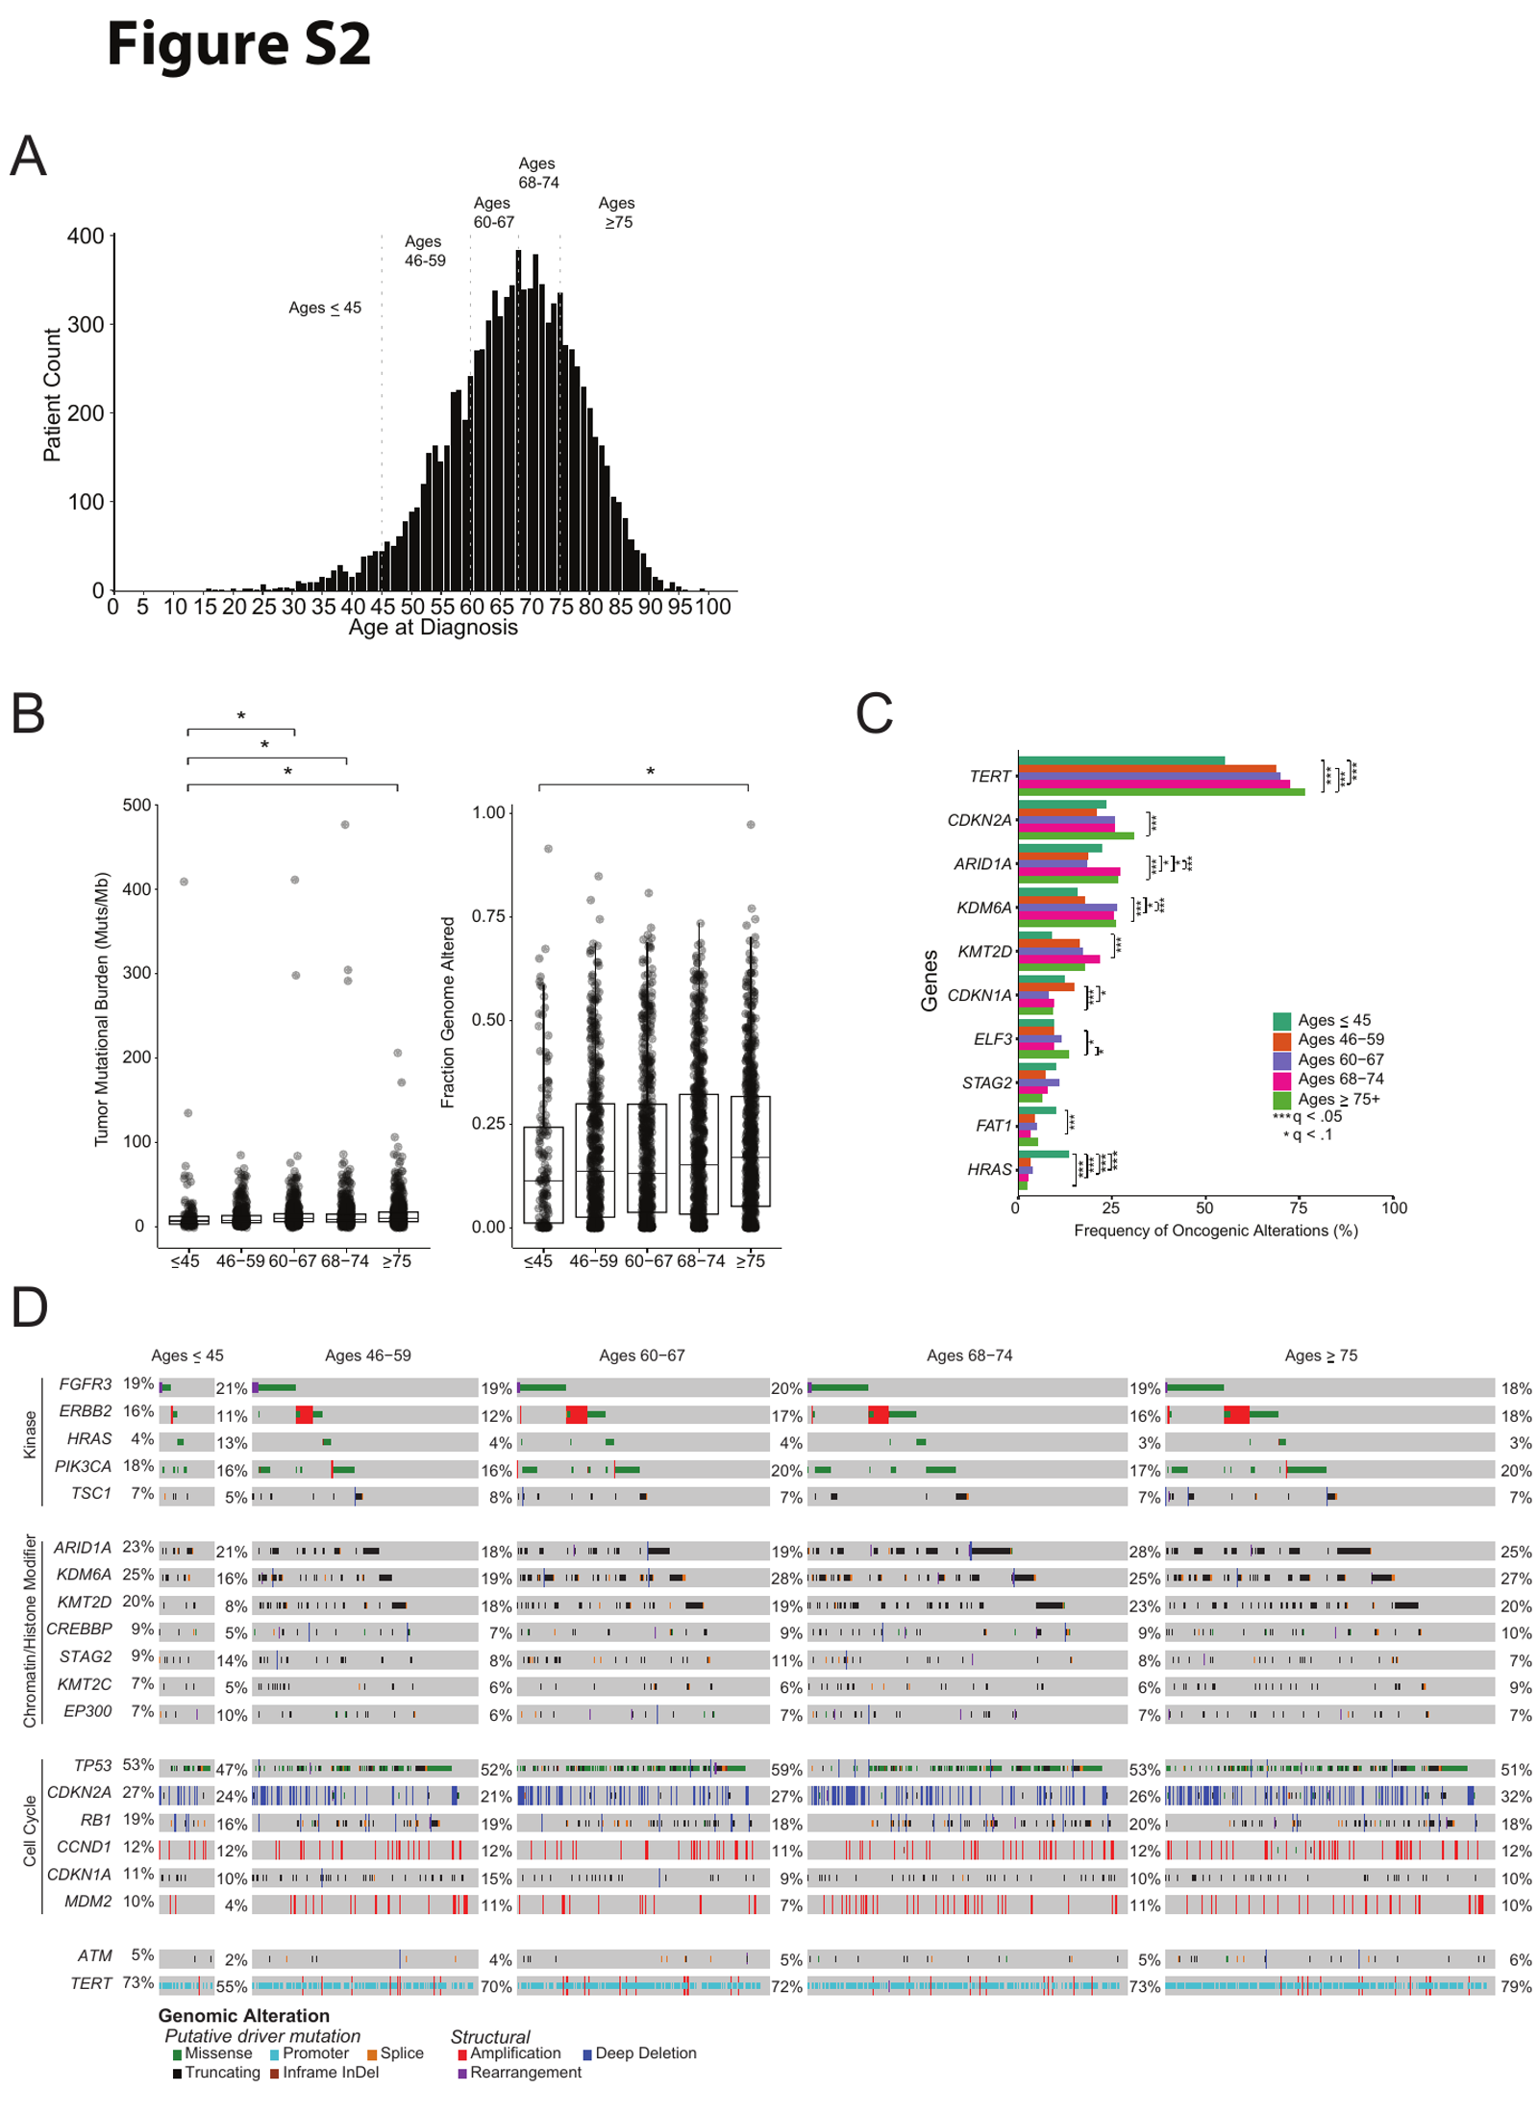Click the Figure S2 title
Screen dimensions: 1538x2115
[238, 45]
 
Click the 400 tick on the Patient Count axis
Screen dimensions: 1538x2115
[86, 236]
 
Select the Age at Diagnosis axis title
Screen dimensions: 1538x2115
[433, 628]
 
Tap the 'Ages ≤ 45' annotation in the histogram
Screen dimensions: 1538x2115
[325, 308]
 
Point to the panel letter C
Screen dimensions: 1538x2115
[874, 713]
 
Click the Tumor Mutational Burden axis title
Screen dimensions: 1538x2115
[102, 1008]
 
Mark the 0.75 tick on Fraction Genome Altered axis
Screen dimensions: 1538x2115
[488, 916]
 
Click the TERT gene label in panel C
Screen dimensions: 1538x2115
[990, 777]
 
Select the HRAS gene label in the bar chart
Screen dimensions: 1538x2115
[989, 1170]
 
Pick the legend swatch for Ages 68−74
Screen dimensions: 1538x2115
[1281, 1080]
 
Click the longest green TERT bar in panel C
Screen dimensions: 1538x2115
[1161, 792]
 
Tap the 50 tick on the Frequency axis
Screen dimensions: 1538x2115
[1204, 1207]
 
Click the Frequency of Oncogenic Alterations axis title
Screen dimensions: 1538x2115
[1215, 1231]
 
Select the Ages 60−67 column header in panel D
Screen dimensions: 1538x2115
[641, 1356]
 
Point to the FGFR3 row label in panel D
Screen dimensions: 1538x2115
[86, 1384]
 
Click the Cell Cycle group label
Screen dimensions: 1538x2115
[30, 1831]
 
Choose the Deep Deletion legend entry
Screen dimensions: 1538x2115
[639, 2053]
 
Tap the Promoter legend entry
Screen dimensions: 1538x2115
[310, 2053]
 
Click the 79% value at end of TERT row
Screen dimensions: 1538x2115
[1516, 1986]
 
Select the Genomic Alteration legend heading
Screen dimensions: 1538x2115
[244, 2015]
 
